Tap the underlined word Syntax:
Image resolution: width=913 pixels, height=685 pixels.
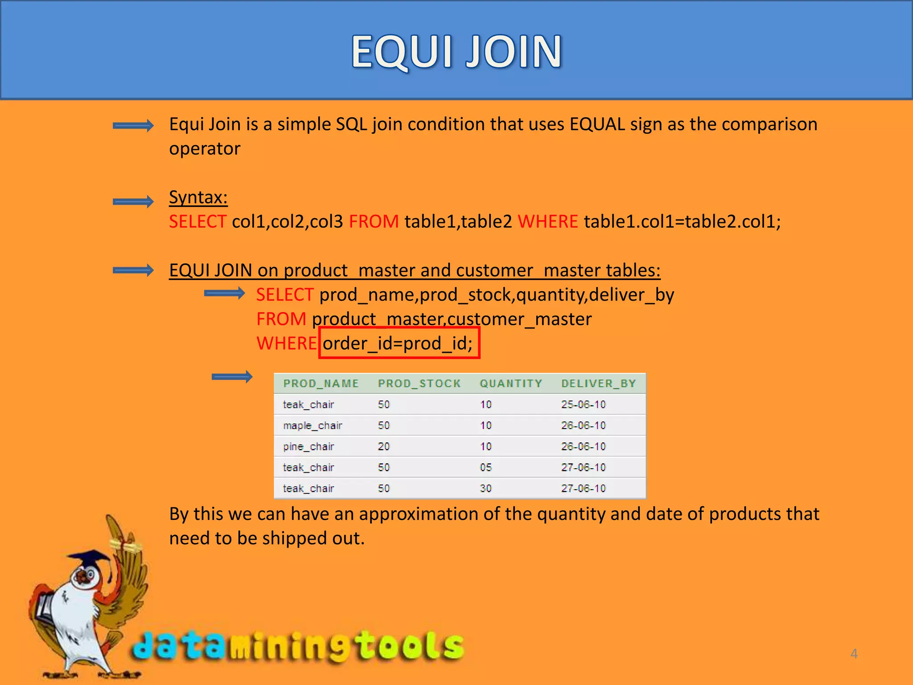[x=198, y=197]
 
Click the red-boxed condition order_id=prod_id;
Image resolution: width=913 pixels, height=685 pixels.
[x=399, y=343]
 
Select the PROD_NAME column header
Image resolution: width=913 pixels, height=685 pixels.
[x=321, y=384]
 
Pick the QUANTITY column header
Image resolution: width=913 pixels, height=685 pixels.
[x=511, y=384]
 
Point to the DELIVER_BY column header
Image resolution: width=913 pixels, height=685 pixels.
[x=598, y=384]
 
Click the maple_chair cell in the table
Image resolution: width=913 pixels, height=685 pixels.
[x=313, y=425]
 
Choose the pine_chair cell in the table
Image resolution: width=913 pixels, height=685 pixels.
[x=308, y=446]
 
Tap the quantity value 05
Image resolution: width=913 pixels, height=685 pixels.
[x=486, y=467]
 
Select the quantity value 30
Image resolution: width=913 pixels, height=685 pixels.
[x=486, y=488]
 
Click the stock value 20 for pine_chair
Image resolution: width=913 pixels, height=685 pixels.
[x=384, y=446]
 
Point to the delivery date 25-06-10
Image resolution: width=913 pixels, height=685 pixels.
[x=583, y=404]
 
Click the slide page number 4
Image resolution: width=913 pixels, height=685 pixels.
[x=854, y=654]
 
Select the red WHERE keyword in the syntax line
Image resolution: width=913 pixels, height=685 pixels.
[x=547, y=222]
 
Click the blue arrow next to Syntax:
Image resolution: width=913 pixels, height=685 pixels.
[x=133, y=202]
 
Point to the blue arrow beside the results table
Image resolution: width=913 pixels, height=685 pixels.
[x=232, y=377]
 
